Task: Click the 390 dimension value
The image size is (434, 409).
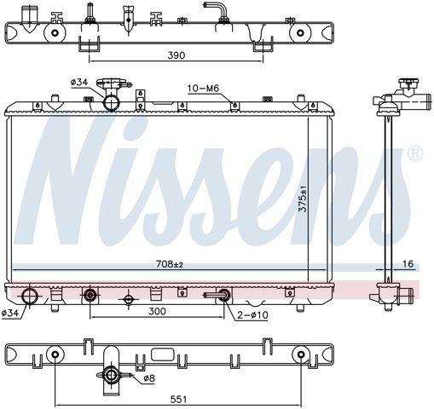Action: tap(176, 55)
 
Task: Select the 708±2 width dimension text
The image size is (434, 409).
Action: tap(170, 264)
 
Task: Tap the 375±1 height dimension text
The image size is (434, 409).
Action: tap(304, 199)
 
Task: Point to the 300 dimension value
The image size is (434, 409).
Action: tap(157, 311)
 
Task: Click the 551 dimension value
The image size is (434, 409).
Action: tap(178, 400)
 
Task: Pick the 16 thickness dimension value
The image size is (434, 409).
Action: tap(408, 264)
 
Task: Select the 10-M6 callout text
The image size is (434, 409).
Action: tap(204, 89)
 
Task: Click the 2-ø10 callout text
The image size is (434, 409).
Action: tap(252, 315)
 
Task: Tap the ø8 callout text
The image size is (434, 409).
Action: tap(149, 378)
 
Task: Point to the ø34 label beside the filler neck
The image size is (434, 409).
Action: tap(79, 83)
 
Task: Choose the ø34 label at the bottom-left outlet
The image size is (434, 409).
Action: tap(10, 313)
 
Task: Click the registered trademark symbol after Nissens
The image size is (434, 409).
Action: tap(415, 153)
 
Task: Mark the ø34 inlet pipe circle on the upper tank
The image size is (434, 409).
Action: tap(111, 103)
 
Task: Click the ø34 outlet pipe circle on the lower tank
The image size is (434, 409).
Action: tap(30, 296)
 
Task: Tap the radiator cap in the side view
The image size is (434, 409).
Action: tap(409, 84)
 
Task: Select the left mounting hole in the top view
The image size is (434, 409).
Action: tap(55, 33)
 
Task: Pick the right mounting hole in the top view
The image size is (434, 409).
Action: tap(300, 33)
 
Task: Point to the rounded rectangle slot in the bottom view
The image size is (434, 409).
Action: tap(162, 354)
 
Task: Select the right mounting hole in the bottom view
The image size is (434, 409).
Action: tap(302, 354)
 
